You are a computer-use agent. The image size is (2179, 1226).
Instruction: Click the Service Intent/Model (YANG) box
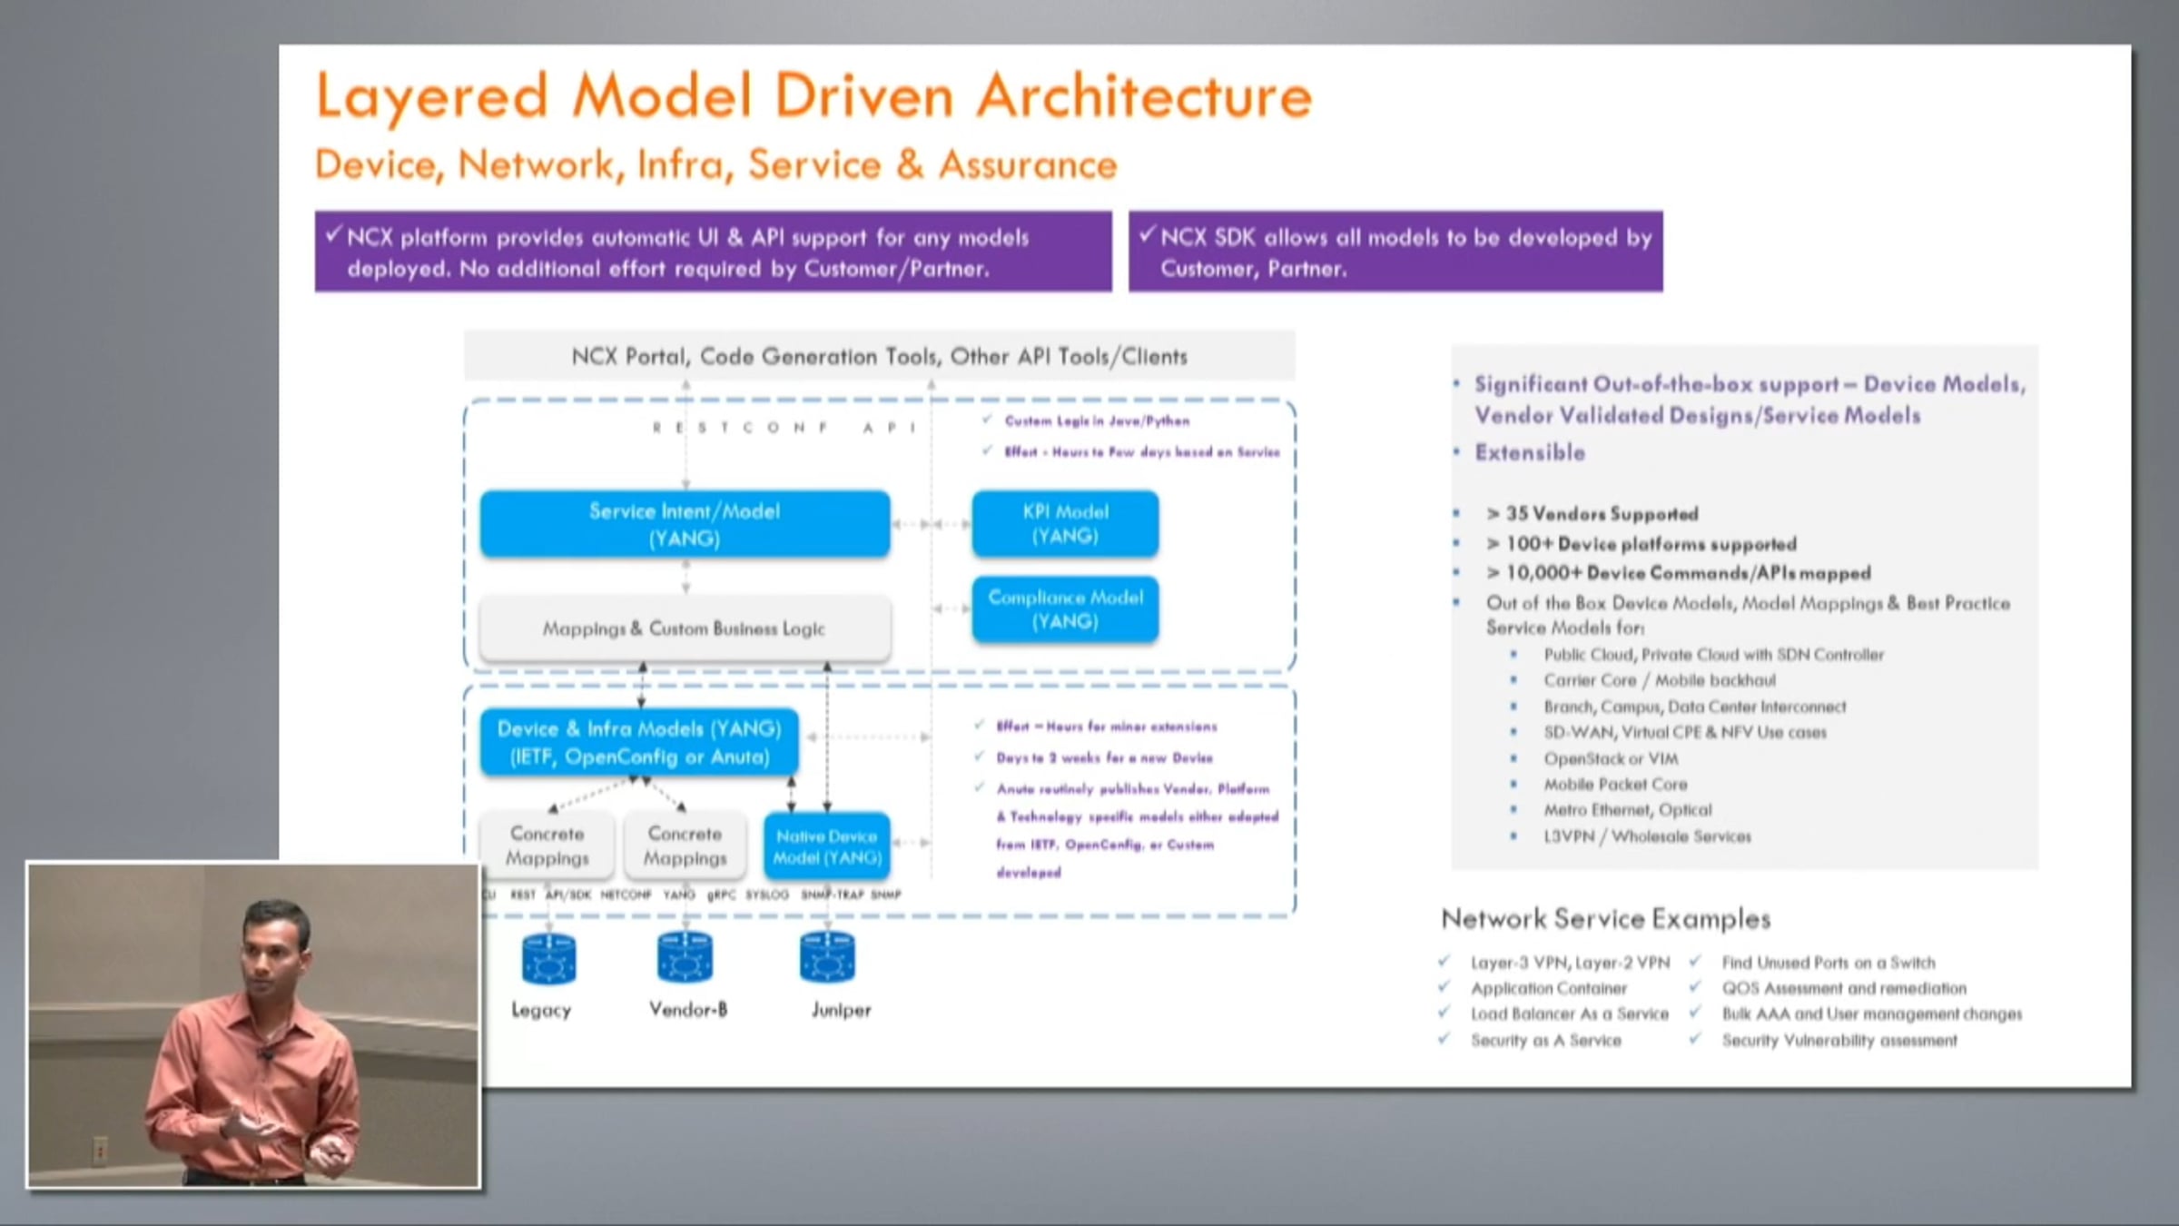pyautogui.click(x=685, y=524)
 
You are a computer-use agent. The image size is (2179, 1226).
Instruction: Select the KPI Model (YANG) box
pyautogui.click(x=1065, y=524)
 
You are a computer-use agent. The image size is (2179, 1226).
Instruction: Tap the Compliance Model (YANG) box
pyautogui.click(x=1065, y=609)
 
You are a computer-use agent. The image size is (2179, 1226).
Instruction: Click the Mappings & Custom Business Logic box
pyautogui.click(x=685, y=628)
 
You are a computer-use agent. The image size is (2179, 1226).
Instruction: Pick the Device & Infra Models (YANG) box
pyautogui.click(x=639, y=742)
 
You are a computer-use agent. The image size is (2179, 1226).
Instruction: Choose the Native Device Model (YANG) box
pyautogui.click(x=826, y=846)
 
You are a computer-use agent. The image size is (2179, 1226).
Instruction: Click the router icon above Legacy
pyautogui.click(x=548, y=959)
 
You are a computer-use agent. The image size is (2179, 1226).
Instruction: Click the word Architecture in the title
pyautogui.click(x=1144, y=96)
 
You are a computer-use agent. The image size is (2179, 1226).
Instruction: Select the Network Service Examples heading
pyautogui.click(x=1605, y=919)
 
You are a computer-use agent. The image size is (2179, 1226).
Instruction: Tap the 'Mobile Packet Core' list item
pyautogui.click(x=1615, y=784)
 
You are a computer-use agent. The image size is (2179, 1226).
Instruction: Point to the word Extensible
pyautogui.click(x=1530, y=452)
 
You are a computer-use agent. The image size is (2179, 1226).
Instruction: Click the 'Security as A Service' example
pyautogui.click(x=1545, y=1041)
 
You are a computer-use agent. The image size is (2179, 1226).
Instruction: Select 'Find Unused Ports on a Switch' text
pyautogui.click(x=1828, y=963)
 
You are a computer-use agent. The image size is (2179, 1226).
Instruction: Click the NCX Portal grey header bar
pyautogui.click(x=879, y=356)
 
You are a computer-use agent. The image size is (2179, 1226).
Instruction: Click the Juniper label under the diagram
pyautogui.click(x=841, y=1010)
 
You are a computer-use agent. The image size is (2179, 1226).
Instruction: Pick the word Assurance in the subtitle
pyautogui.click(x=1028, y=165)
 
